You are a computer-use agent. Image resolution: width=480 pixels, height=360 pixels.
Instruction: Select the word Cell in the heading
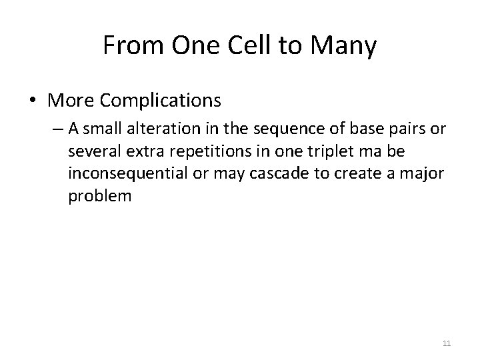pyautogui.click(x=242, y=47)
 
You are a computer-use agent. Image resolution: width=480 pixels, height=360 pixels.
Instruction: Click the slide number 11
pyautogui.click(x=446, y=343)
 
